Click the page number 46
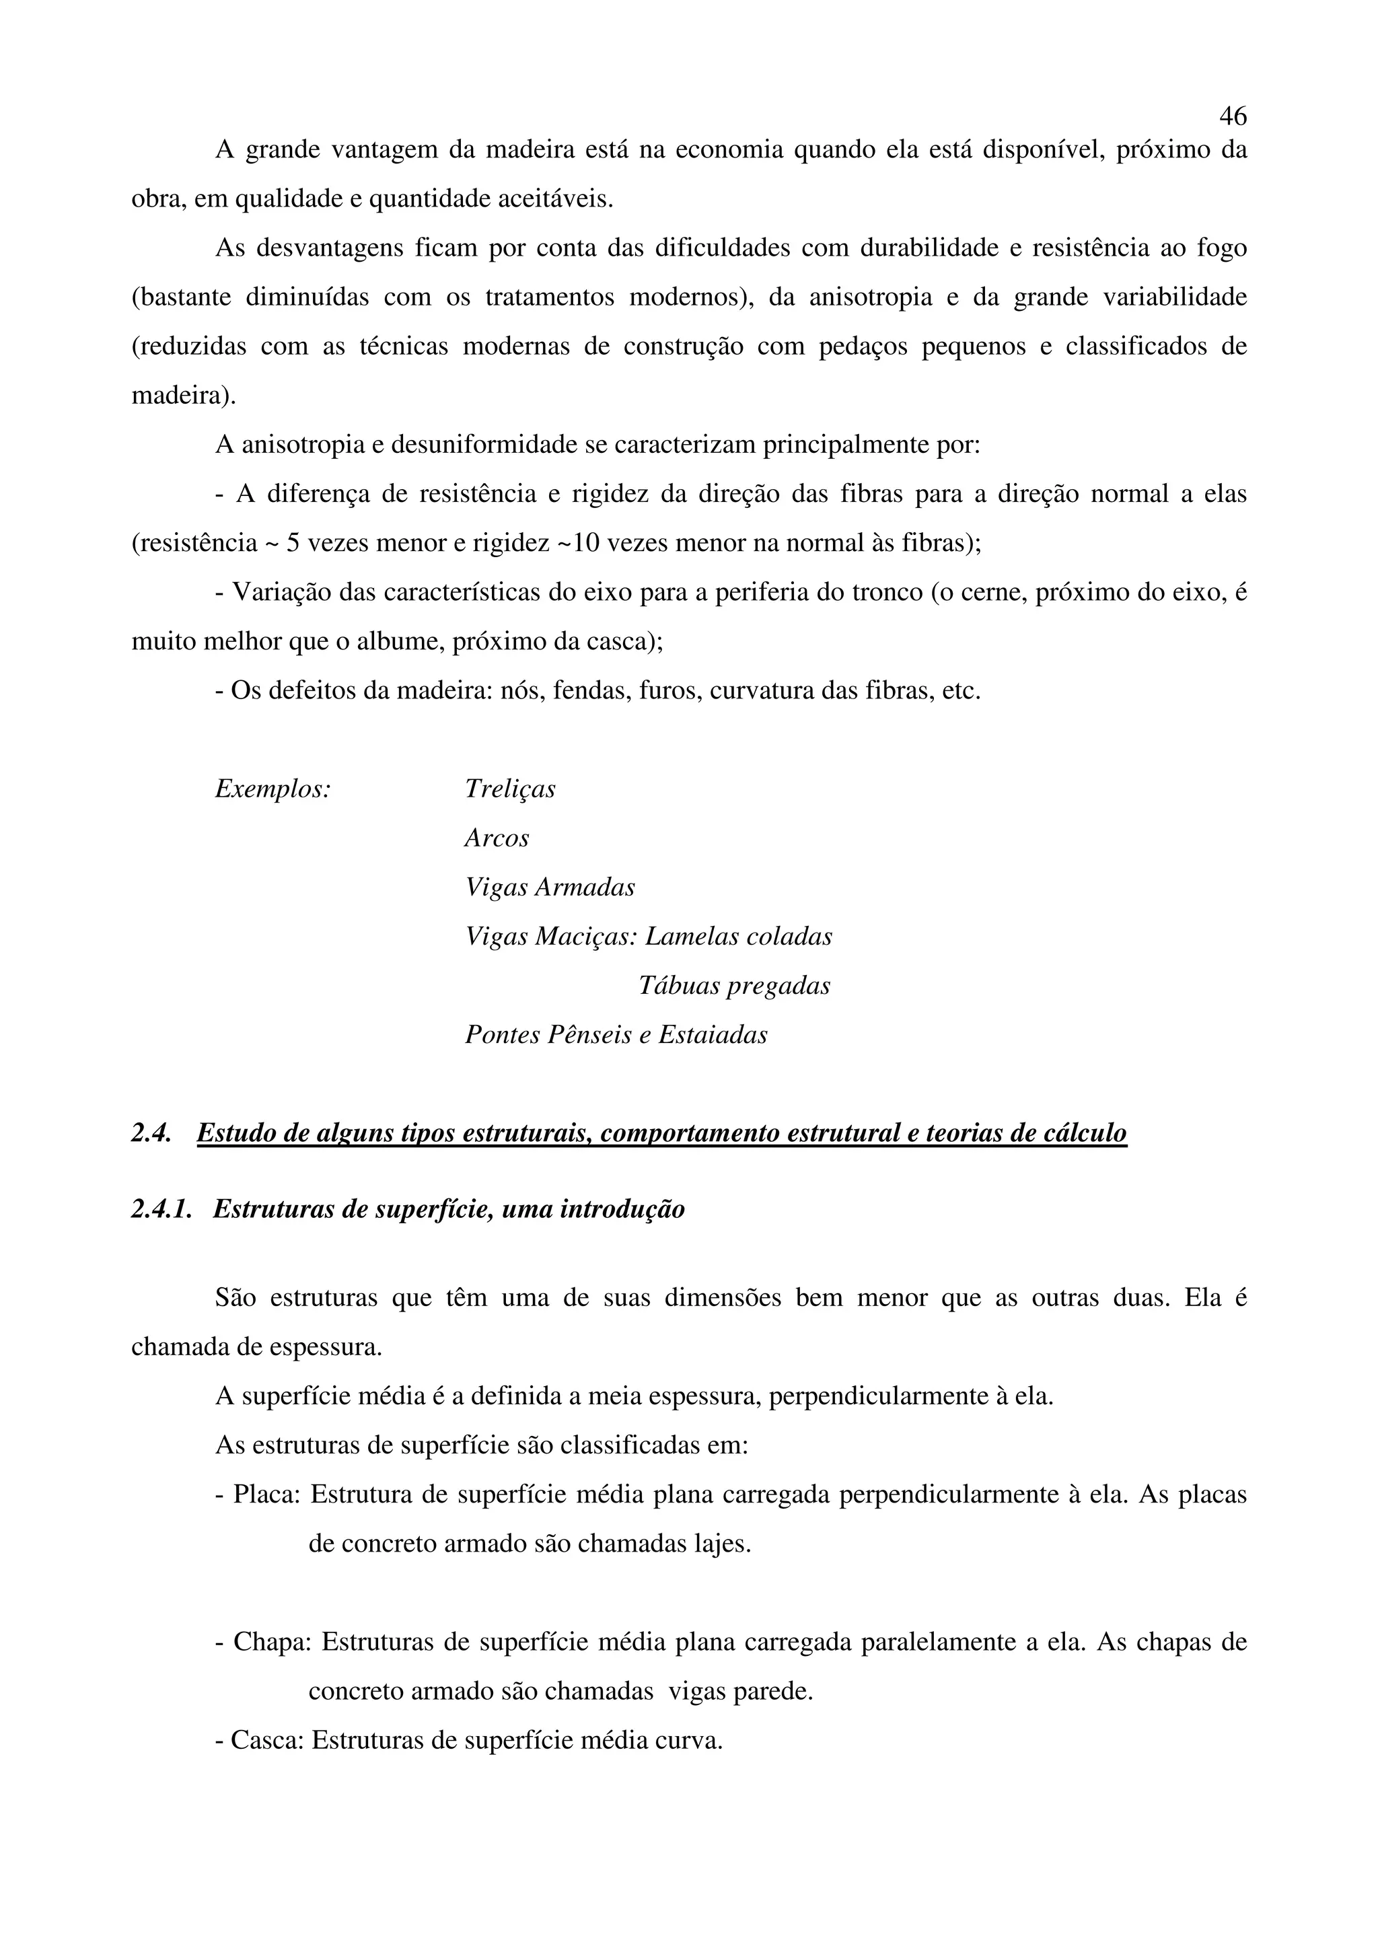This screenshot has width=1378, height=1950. [1233, 116]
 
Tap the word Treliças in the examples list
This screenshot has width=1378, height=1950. [510, 789]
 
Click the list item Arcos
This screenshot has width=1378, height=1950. [497, 838]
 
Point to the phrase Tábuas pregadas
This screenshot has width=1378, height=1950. [733, 986]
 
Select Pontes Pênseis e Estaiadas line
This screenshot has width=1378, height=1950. [616, 1036]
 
